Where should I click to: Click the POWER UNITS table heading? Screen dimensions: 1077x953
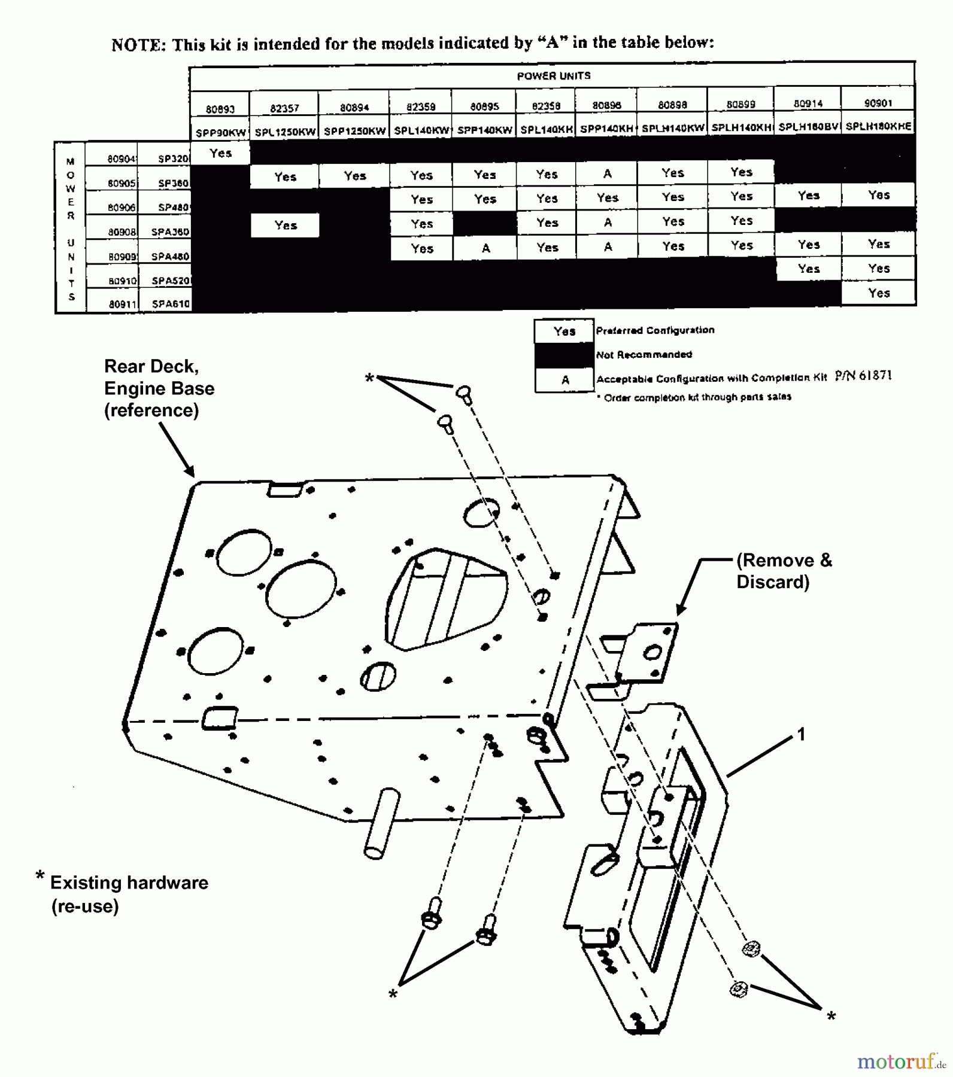coord(553,76)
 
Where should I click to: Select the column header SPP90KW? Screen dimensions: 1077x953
coord(220,132)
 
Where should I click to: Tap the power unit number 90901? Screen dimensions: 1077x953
coord(878,103)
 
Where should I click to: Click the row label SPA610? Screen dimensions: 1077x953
coord(170,304)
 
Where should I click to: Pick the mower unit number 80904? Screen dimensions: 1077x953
coord(122,159)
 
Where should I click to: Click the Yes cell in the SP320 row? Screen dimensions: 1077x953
coord(220,153)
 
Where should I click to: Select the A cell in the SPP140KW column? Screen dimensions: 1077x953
coord(485,248)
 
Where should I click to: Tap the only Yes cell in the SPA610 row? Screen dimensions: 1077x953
coord(878,293)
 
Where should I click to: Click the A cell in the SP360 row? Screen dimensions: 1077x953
coord(607,174)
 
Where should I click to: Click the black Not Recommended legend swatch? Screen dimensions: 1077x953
coord(564,355)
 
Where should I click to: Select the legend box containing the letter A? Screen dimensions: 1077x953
coord(564,380)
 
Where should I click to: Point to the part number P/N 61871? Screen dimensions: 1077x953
coord(863,376)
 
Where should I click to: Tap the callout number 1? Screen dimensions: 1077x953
coord(801,734)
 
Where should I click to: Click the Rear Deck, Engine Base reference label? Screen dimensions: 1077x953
coord(159,388)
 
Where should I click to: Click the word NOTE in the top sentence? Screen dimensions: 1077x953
coord(138,45)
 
